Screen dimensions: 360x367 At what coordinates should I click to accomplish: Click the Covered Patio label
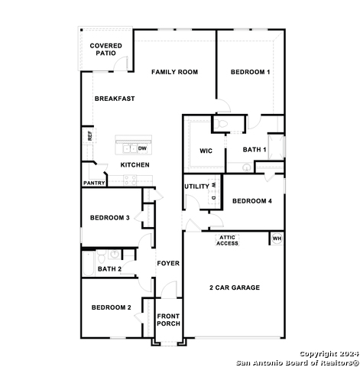click(105, 50)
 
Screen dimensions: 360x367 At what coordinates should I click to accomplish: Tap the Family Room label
click(174, 72)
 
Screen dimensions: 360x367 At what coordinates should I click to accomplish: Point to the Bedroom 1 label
click(250, 72)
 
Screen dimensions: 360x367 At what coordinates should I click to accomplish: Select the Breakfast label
click(115, 99)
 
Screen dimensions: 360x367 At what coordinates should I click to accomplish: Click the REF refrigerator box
click(89, 135)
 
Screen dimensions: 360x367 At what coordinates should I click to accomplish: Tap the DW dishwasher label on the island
click(142, 148)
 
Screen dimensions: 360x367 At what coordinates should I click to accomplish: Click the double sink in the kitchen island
click(130, 148)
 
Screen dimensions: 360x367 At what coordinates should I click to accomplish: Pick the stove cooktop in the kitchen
click(130, 180)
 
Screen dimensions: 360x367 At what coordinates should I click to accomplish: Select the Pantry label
click(94, 183)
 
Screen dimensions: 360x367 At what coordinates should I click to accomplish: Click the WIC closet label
click(206, 151)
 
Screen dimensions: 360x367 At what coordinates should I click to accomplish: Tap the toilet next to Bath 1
click(221, 124)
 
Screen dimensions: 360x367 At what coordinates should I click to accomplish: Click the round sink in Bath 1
click(247, 167)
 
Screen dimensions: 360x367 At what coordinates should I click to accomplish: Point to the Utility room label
click(196, 187)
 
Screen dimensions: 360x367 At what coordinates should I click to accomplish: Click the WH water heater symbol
click(277, 239)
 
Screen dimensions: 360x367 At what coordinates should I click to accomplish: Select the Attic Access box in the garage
click(227, 240)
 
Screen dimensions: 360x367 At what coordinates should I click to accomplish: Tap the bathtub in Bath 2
click(89, 263)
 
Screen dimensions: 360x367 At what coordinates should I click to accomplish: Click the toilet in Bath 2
click(102, 256)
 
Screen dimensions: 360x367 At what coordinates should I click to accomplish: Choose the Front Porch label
click(168, 320)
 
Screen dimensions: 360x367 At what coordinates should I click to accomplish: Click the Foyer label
click(168, 263)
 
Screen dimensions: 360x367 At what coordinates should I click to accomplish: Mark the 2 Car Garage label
click(235, 287)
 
